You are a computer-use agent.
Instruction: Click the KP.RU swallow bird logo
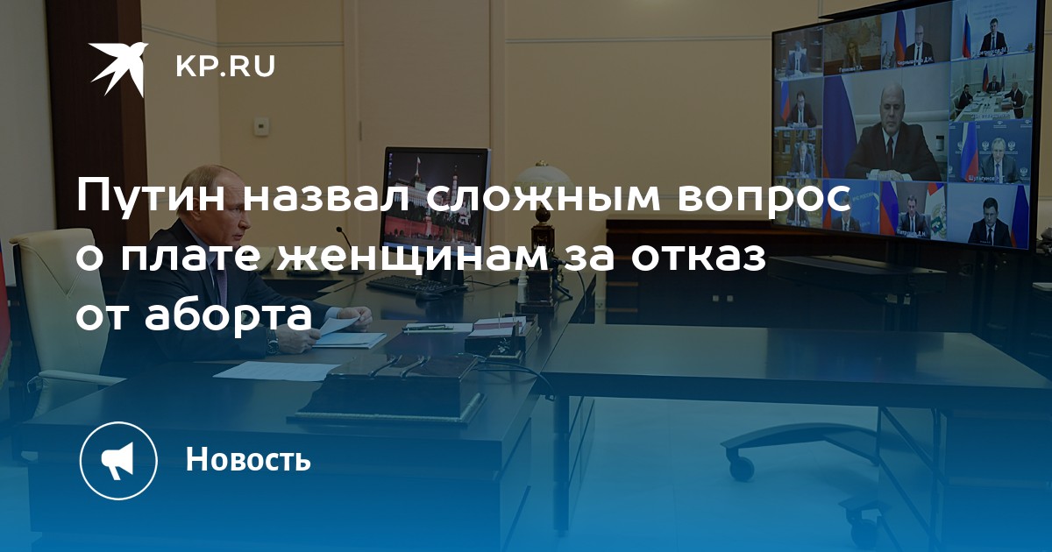click(118, 67)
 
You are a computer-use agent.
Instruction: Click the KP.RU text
click(225, 67)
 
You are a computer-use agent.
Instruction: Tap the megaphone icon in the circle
click(117, 461)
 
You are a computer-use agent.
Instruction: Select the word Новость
click(248, 458)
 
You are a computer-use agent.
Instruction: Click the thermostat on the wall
click(261, 125)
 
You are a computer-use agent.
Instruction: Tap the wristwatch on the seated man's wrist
click(274, 345)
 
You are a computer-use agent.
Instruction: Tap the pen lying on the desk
click(428, 329)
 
